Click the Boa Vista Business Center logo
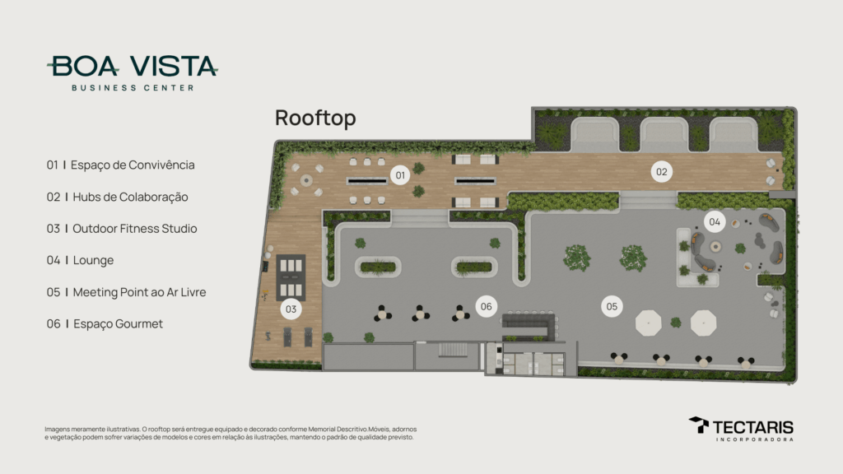pyautogui.click(x=133, y=72)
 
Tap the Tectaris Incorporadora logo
pyautogui.click(x=741, y=429)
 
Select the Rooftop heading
pyautogui.click(x=315, y=118)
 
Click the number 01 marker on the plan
pyautogui.click(x=400, y=174)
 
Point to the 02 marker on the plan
pyautogui.click(x=661, y=172)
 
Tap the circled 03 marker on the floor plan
pyautogui.click(x=290, y=309)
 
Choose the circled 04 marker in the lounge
pyautogui.click(x=714, y=221)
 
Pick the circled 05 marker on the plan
pyautogui.click(x=612, y=306)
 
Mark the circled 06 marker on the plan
pyautogui.click(x=487, y=306)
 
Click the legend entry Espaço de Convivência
pyautogui.click(x=121, y=165)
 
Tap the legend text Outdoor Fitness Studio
pyautogui.click(x=122, y=229)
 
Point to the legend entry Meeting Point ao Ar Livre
pyautogui.click(x=132, y=292)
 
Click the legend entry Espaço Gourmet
pyautogui.click(x=105, y=324)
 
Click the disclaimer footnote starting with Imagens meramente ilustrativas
pyautogui.click(x=231, y=433)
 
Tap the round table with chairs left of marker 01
pyautogui.click(x=307, y=179)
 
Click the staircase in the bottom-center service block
pyautogui.click(x=450, y=351)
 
